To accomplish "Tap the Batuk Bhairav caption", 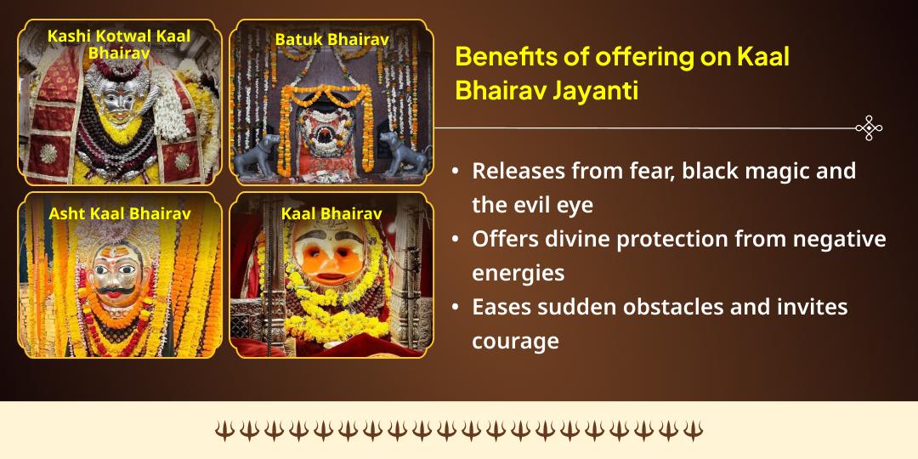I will tap(331, 39).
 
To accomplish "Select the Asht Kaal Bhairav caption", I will tap(119, 213).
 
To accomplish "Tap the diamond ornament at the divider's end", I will tap(869, 128).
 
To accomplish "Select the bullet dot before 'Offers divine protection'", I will tap(456, 240).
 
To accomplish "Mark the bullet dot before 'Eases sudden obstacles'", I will tap(456, 308).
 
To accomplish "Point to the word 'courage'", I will tap(516, 341).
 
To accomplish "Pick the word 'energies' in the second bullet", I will tap(518, 273).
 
